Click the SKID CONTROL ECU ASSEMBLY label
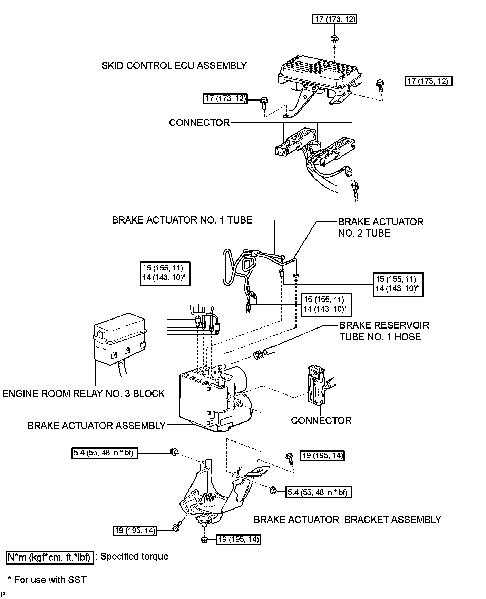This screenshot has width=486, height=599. tap(174, 66)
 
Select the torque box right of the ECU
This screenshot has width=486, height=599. tap(428, 81)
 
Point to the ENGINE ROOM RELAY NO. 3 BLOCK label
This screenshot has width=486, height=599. tap(84, 393)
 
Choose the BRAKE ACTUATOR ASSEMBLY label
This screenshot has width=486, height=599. tap(97, 426)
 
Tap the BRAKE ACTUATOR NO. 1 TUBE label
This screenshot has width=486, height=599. tap(182, 220)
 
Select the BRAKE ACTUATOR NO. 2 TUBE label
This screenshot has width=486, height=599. tap(381, 227)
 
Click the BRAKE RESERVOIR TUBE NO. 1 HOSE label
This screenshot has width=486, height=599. tap(384, 331)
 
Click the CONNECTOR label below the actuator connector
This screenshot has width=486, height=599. tap(321, 420)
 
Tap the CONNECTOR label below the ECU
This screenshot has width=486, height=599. tap(199, 123)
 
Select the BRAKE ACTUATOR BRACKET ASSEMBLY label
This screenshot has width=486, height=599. tap(348, 520)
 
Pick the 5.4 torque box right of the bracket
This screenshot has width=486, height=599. tap(319, 492)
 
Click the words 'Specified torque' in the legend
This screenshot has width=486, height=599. tap(134, 557)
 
